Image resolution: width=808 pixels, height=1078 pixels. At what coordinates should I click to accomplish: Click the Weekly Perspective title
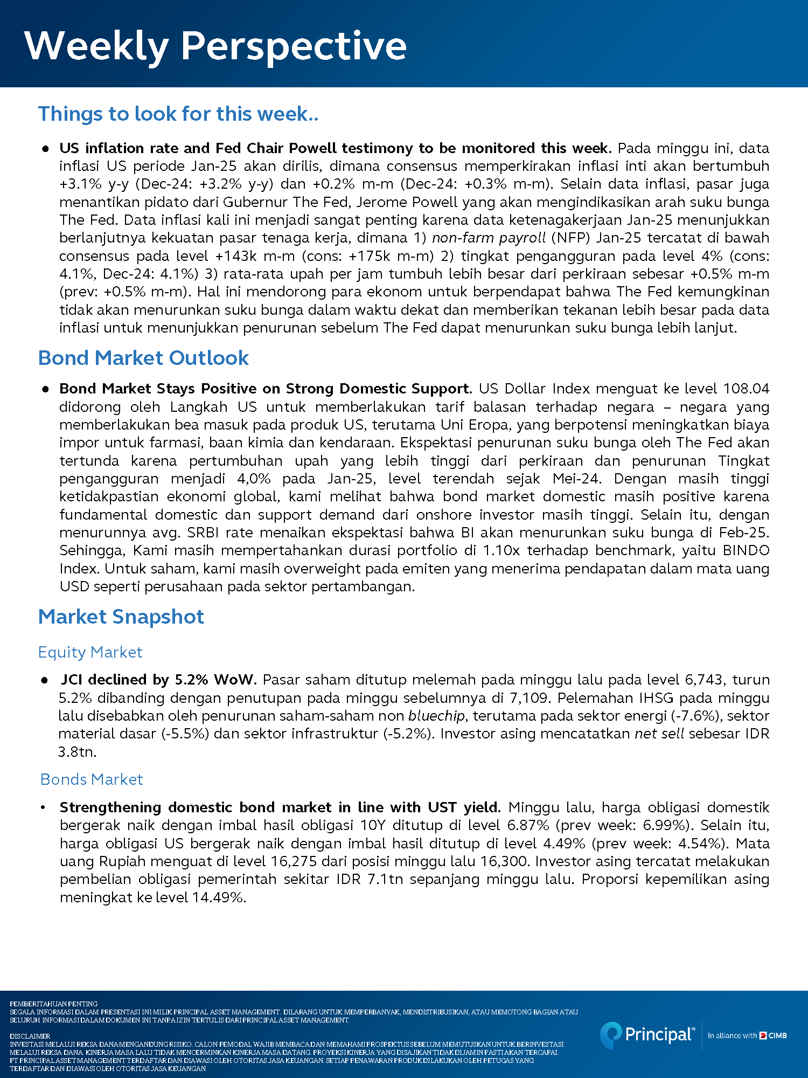[x=215, y=46]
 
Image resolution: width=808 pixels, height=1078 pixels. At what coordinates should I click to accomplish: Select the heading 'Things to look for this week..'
[x=178, y=114]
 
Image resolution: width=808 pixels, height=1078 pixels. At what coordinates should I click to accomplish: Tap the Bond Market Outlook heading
[x=143, y=358]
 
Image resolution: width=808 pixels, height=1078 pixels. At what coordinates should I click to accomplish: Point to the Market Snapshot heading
[x=121, y=617]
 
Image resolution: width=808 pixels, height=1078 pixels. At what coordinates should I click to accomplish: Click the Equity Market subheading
[x=90, y=652]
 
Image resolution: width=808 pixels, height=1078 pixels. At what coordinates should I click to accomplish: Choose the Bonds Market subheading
[x=92, y=779]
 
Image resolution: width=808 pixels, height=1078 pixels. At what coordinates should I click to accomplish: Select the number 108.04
[x=746, y=389]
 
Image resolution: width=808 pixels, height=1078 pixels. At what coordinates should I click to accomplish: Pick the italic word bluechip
[x=436, y=716]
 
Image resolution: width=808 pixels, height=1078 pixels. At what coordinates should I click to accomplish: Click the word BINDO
[x=746, y=550]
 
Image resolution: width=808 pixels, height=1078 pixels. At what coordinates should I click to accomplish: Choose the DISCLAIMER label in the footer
[x=30, y=1036]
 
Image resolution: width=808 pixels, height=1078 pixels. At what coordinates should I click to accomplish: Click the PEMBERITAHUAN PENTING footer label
[x=54, y=1004]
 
